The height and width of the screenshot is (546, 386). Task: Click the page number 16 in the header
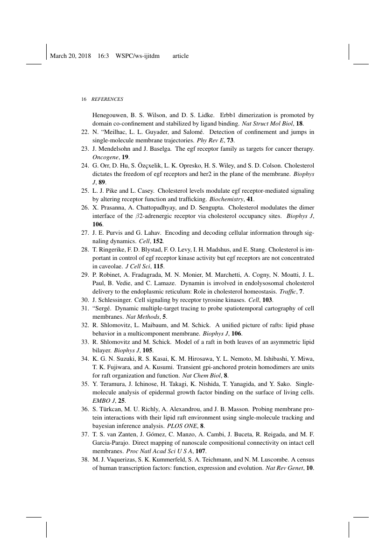84,99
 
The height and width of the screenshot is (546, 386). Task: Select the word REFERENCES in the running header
107,99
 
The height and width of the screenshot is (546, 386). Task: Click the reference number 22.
85,132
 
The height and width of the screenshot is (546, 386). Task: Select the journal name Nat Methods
142,316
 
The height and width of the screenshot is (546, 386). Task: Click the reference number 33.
85,342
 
